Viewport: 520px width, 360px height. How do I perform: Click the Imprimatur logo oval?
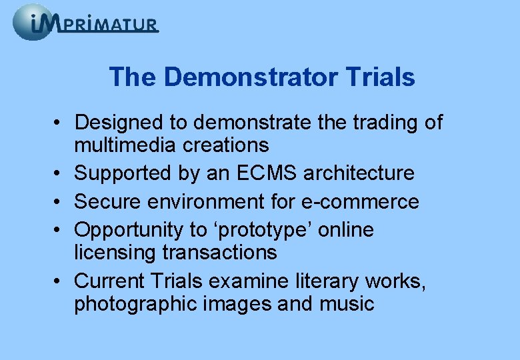point(33,22)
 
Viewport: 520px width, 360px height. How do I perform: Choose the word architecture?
point(359,173)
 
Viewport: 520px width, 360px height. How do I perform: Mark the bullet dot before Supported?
point(60,174)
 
